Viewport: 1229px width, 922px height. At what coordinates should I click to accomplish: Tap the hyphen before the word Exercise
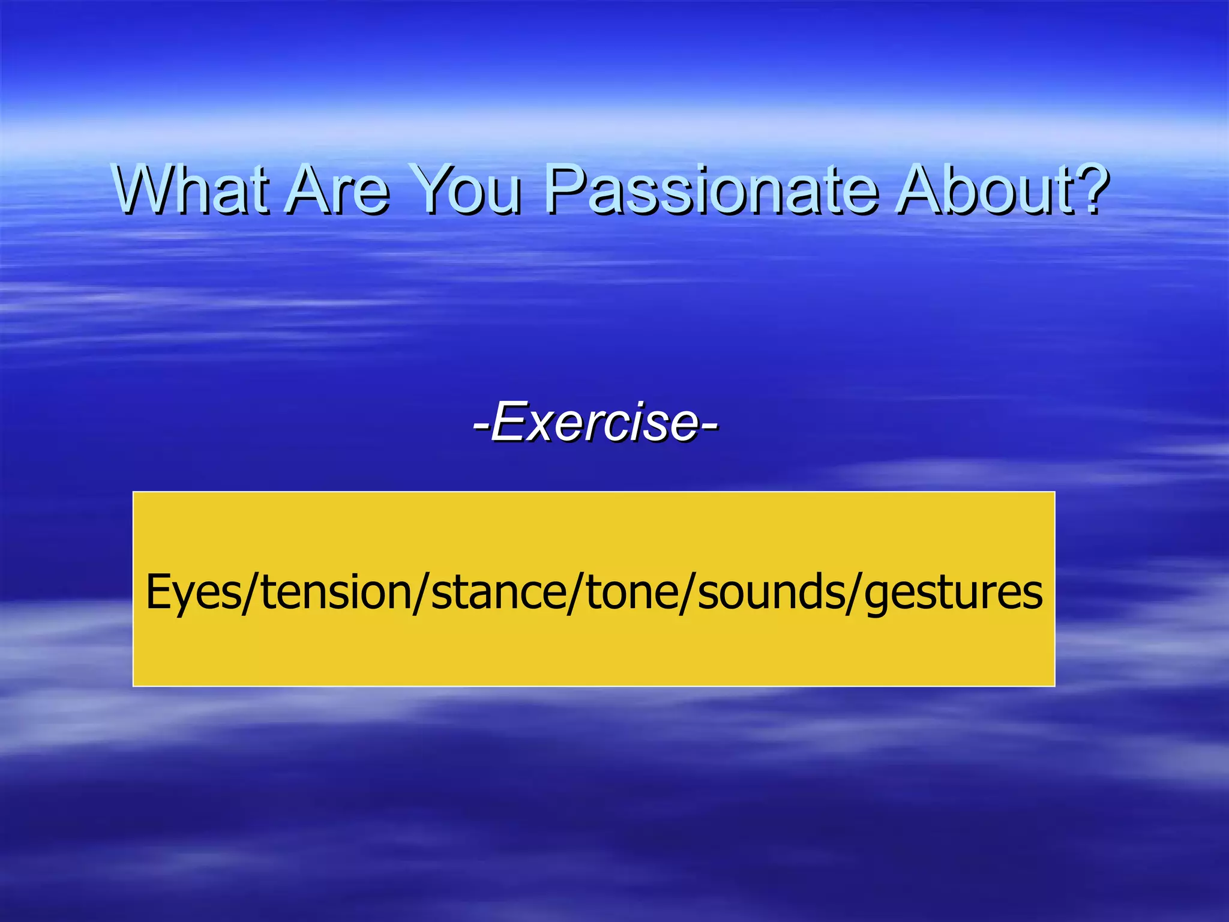(481, 425)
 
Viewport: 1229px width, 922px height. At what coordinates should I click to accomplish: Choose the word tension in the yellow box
(337, 591)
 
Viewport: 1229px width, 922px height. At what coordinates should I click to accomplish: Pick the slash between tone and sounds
(688, 593)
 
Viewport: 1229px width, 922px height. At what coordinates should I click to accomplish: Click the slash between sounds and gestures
(854, 593)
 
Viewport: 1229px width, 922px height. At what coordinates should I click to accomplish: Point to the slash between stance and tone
(576, 593)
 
